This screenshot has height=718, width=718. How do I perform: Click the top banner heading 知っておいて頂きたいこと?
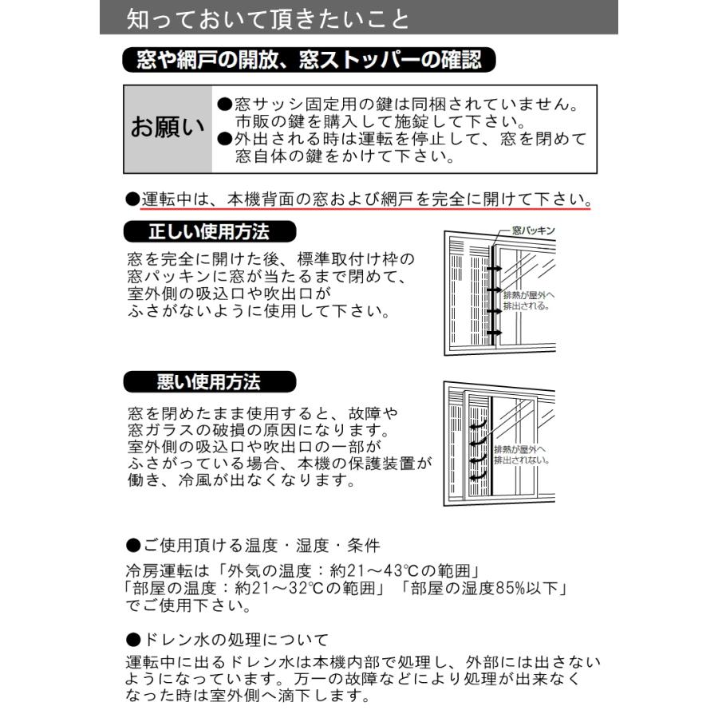(x=268, y=18)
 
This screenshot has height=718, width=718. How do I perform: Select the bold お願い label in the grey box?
(x=168, y=128)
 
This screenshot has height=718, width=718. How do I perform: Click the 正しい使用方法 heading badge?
(x=208, y=232)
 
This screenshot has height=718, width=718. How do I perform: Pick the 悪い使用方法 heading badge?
(x=208, y=382)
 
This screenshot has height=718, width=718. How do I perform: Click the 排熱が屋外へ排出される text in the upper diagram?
(x=527, y=300)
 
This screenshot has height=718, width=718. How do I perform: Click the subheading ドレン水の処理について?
(x=235, y=639)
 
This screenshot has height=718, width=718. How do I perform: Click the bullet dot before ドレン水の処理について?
(x=133, y=639)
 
